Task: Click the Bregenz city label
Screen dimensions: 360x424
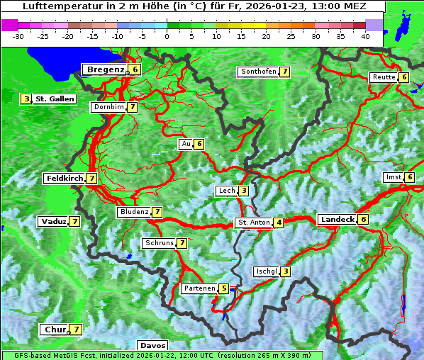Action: coord(106,69)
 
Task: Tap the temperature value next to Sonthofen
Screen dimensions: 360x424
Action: coord(284,72)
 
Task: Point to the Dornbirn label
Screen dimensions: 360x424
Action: coord(108,107)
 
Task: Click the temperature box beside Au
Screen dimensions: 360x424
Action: coord(199,144)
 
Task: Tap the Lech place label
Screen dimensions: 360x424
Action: coord(226,191)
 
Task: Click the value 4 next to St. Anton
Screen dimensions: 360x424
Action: coord(279,223)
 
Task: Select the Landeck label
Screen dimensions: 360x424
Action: coord(337,220)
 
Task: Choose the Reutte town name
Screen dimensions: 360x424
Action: coord(384,77)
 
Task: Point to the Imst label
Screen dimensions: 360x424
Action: coord(393,177)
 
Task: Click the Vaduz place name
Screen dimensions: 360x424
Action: coord(54,222)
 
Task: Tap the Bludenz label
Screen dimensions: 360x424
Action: coord(134,212)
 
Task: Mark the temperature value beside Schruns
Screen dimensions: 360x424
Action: coord(182,243)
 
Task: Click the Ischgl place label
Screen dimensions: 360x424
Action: coord(266,271)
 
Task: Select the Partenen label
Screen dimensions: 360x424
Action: coord(198,288)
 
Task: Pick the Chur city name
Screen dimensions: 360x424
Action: coord(55,330)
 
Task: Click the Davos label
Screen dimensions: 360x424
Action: coord(152,346)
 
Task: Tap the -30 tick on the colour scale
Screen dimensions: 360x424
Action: coord(19,36)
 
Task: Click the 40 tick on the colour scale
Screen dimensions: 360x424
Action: coord(365,36)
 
